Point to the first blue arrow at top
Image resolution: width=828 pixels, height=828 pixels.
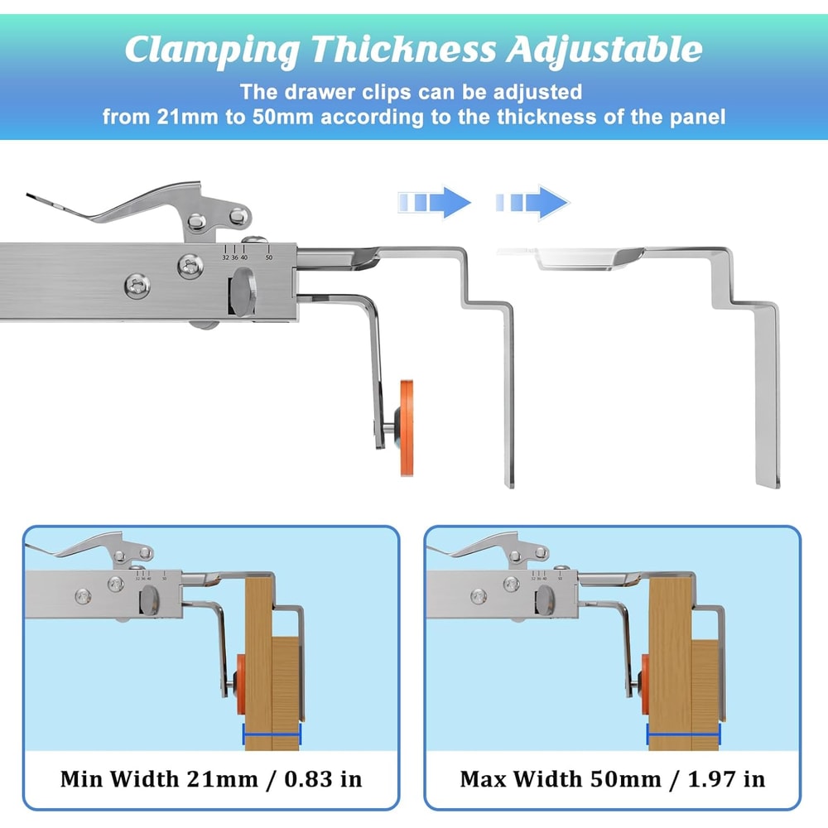point(434,202)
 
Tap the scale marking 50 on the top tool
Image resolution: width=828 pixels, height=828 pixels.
point(268,258)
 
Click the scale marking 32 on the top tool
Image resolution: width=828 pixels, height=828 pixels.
point(225,258)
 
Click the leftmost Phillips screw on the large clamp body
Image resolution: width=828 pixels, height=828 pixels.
point(137,287)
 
